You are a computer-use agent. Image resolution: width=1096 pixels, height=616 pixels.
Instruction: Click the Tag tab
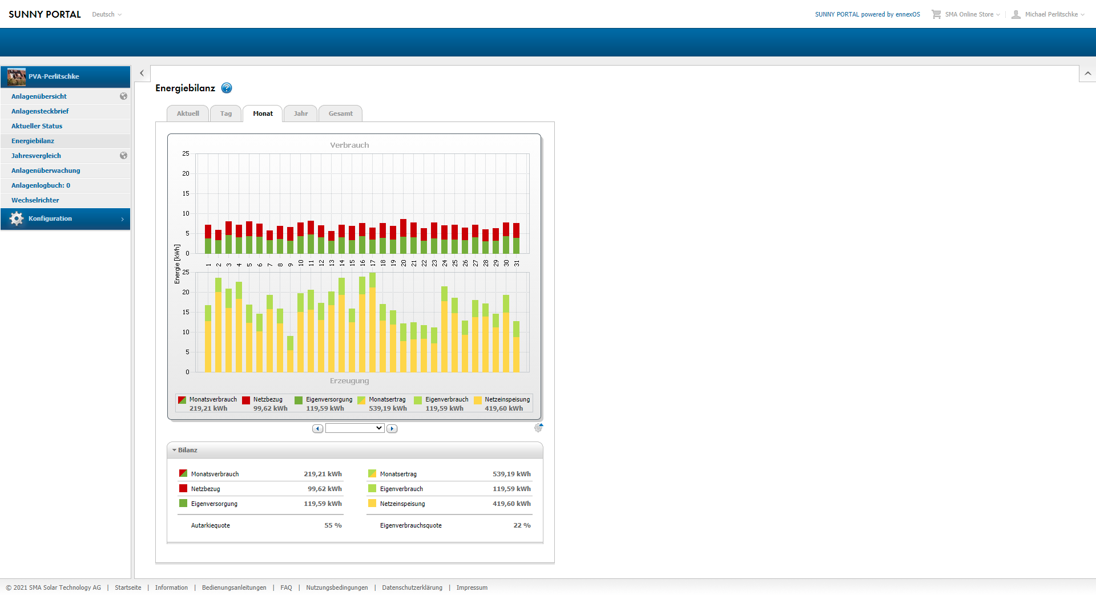pyautogui.click(x=226, y=114)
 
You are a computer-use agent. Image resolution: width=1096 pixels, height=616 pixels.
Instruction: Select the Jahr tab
pyautogui.click(x=301, y=114)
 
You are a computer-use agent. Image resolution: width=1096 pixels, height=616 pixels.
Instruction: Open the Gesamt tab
pyautogui.click(x=340, y=114)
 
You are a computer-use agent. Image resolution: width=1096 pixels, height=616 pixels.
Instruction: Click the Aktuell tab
pyautogui.click(x=188, y=114)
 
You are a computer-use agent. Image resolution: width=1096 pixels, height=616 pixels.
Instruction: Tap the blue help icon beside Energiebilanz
pyautogui.click(x=227, y=88)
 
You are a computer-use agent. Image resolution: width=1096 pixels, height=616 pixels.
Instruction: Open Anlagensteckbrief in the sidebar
pyautogui.click(x=40, y=111)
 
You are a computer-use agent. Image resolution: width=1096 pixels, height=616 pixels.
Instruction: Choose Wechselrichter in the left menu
pyautogui.click(x=35, y=200)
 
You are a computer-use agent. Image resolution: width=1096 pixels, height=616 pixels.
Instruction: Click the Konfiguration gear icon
pyautogui.click(x=17, y=218)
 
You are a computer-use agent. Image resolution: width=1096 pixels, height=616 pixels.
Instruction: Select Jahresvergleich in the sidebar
pyautogui.click(x=36, y=156)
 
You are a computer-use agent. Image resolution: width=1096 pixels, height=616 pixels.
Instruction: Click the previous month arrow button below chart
pyautogui.click(x=317, y=428)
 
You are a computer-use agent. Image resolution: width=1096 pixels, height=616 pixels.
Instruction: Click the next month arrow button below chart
pyautogui.click(x=392, y=428)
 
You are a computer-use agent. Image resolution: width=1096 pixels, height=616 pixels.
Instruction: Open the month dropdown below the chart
pyautogui.click(x=354, y=428)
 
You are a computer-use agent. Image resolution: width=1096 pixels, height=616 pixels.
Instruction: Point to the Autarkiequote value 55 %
pyautogui.click(x=333, y=525)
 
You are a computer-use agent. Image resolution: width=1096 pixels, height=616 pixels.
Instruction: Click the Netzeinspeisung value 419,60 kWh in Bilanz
pyautogui.click(x=511, y=504)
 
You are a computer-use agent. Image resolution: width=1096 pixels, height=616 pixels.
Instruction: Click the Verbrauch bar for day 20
pyautogui.click(x=404, y=236)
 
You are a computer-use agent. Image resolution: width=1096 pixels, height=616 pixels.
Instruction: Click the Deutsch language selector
pyautogui.click(x=107, y=14)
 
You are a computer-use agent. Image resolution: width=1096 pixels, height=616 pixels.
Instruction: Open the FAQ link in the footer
pyautogui.click(x=286, y=587)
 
